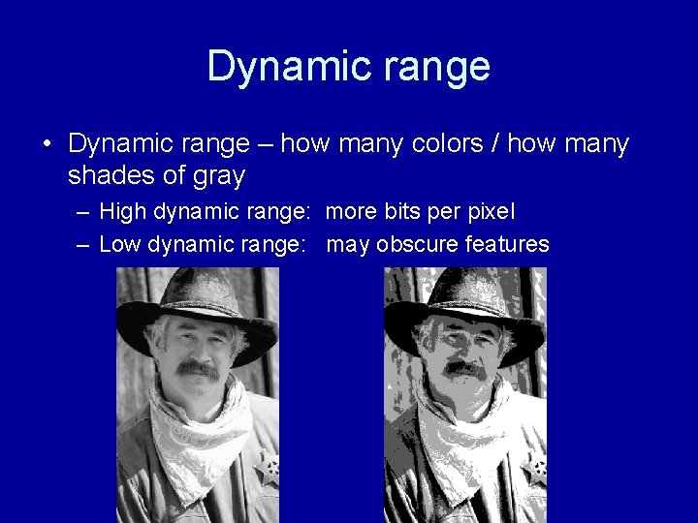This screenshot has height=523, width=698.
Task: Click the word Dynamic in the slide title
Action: tap(274, 67)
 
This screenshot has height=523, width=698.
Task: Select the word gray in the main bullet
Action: tap(217, 176)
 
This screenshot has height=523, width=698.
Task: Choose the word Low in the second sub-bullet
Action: tap(119, 244)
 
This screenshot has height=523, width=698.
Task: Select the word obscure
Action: tap(417, 244)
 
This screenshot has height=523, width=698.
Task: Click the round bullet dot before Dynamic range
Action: tap(47, 145)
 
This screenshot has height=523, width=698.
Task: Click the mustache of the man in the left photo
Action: tap(198, 370)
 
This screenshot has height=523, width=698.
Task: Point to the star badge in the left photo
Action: tap(266, 469)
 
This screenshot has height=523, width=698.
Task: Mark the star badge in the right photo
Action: tap(533, 469)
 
